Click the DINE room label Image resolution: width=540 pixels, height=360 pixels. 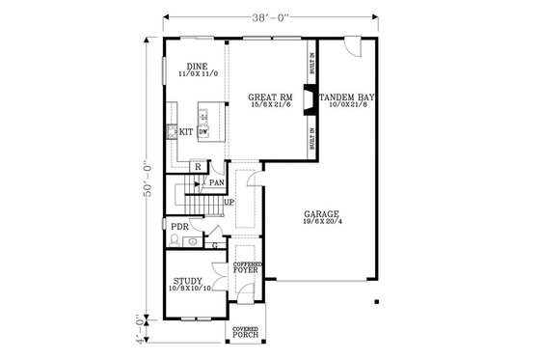[x=197, y=67]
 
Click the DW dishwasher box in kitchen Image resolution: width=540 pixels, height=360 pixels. [x=203, y=131]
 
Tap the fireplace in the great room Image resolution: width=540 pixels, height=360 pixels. [x=307, y=99]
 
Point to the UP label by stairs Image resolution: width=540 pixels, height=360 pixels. [x=229, y=203]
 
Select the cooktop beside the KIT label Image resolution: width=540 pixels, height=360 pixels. [x=170, y=131]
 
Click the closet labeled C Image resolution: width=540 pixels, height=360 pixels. [x=214, y=246]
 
